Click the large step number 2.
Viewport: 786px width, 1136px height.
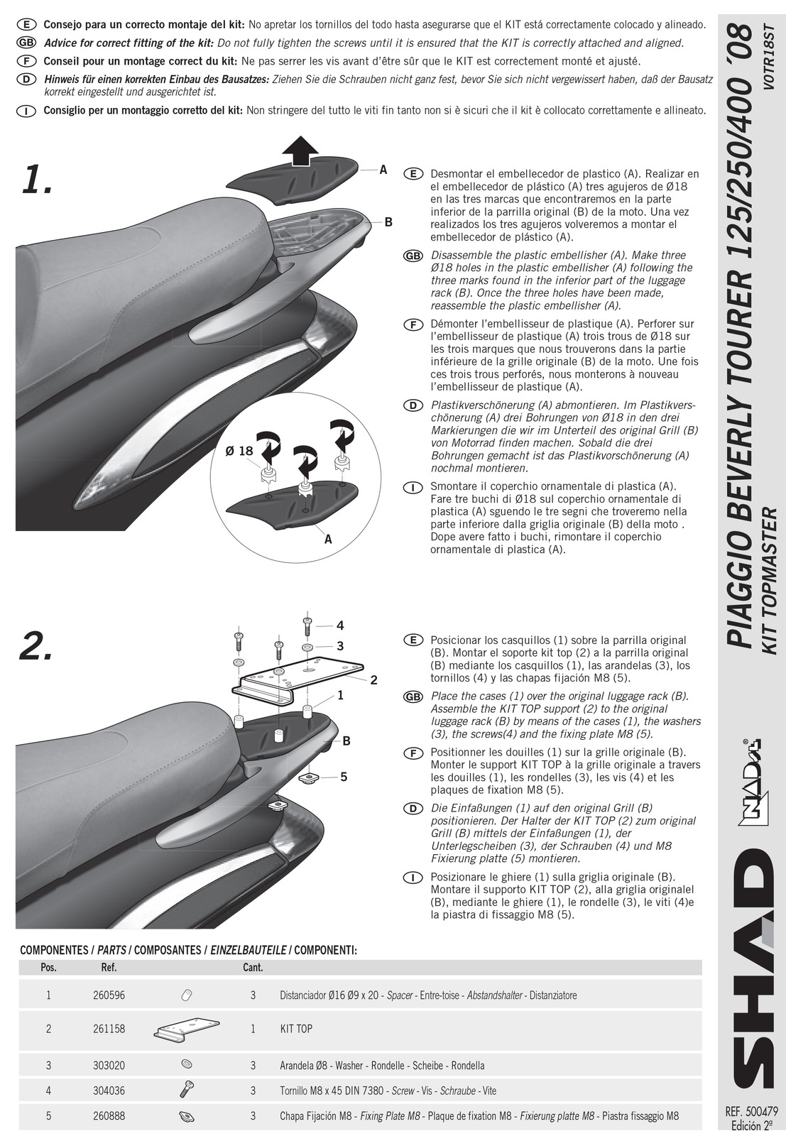click(36, 646)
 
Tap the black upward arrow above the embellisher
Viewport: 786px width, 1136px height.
click(301, 150)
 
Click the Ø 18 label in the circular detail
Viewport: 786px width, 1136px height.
click(239, 450)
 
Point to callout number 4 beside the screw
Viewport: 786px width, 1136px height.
click(340, 626)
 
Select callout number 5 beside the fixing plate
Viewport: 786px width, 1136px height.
click(344, 777)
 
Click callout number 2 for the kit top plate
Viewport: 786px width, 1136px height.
click(373, 680)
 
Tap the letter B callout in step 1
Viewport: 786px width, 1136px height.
click(388, 222)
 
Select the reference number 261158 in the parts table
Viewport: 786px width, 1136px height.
click(109, 1029)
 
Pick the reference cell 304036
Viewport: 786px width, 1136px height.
click(109, 1090)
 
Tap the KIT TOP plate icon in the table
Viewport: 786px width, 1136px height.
click(186, 1029)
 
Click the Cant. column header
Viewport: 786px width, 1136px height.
click(253, 967)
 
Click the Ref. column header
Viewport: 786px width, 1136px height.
click(109, 967)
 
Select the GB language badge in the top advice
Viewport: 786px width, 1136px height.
click(26, 43)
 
